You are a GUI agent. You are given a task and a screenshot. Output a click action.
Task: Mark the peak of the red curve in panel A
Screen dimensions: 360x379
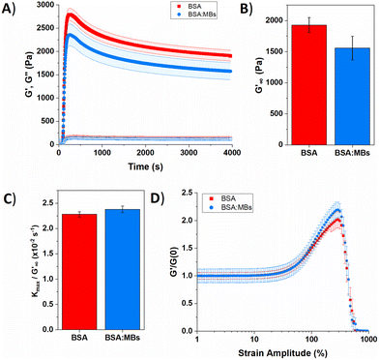pos(69,15)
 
